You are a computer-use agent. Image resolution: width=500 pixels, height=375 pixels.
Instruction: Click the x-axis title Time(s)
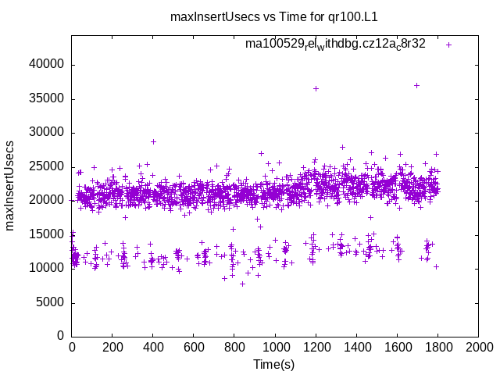pyautogui.click(x=273, y=364)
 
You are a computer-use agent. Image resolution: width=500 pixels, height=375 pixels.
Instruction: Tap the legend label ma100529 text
pyautogui.click(x=335, y=45)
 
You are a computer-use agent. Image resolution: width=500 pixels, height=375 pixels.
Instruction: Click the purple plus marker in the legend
pyautogui.click(x=448, y=45)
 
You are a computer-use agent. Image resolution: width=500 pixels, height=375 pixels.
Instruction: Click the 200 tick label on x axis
pyautogui.click(x=112, y=347)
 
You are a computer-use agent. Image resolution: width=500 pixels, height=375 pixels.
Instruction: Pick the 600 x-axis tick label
pyautogui.click(x=194, y=347)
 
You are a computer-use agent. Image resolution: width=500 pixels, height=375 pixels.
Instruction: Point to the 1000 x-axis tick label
pyautogui.click(x=275, y=347)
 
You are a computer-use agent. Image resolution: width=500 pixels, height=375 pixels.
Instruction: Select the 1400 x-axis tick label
pyautogui.click(x=356, y=347)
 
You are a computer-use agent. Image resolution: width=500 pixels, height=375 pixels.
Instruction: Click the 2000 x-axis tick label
pyautogui.click(x=478, y=347)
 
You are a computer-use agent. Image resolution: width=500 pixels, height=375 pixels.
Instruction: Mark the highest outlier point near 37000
pyautogui.click(x=417, y=85)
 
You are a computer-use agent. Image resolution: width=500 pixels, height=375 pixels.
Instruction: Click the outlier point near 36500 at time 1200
pyautogui.click(x=316, y=88)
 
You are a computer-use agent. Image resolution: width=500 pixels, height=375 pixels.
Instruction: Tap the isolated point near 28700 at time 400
pyautogui.click(x=153, y=141)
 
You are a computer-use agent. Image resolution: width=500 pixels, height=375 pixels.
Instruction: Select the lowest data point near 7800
pyautogui.click(x=243, y=284)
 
